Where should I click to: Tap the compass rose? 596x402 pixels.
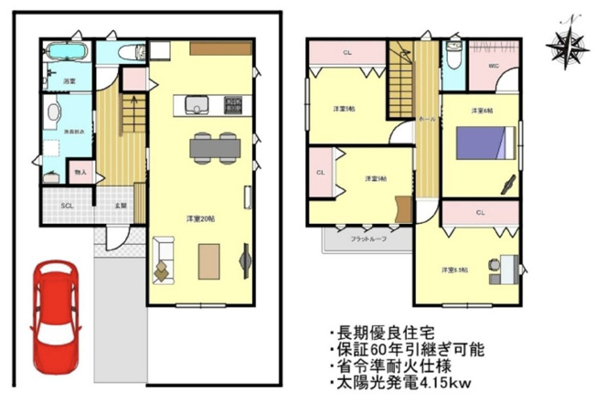tap(567, 44)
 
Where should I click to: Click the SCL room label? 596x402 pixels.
tap(67, 206)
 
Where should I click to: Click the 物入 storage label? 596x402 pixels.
tap(80, 172)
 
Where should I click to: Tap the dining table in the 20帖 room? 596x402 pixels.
tap(214, 146)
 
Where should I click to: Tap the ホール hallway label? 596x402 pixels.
tap(426, 120)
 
